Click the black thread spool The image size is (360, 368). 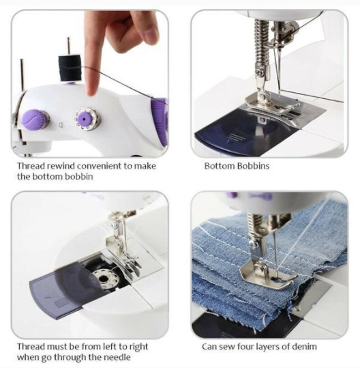(70, 68)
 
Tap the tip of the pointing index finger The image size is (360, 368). (92, 93)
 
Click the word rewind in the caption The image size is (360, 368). (61, 166)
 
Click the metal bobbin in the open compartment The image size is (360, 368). (103, 278)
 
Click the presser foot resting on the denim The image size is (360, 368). (267, 274)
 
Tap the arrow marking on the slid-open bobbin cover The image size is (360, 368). (47, 295)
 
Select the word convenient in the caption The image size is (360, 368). (100, 166)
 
